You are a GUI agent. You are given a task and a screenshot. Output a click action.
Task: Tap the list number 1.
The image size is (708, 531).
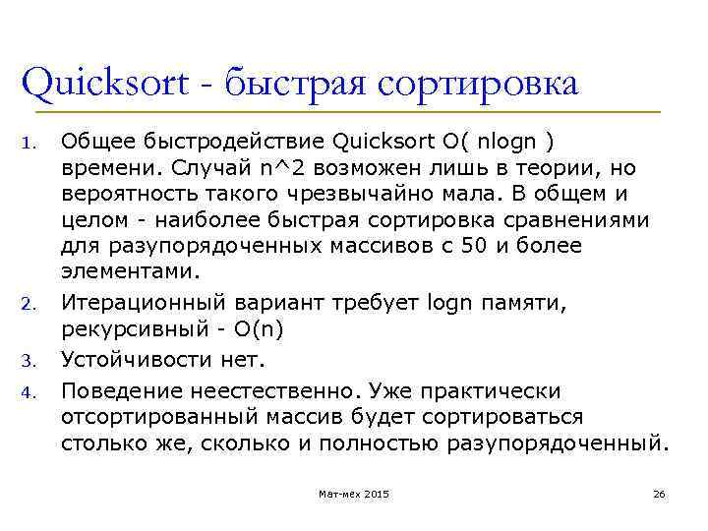28,147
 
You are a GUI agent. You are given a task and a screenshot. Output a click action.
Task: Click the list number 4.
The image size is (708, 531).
28,395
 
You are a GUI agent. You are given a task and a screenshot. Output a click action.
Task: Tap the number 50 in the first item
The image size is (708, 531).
475,246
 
